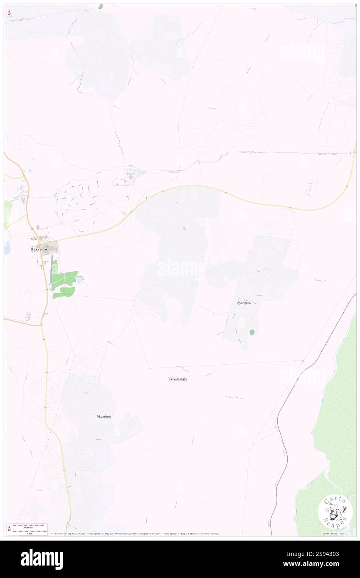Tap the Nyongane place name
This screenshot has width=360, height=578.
[x=244, y=303]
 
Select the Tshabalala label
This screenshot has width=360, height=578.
[x=178, y=379]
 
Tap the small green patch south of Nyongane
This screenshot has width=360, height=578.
[x=252, y=332]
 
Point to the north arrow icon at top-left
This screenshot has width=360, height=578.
[x=9, y=13]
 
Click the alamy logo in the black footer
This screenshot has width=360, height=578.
[x=42, y=558]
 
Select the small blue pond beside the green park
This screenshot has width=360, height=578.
[x=80, y=280]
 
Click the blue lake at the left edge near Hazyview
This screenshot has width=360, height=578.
[x=6, y=249]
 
